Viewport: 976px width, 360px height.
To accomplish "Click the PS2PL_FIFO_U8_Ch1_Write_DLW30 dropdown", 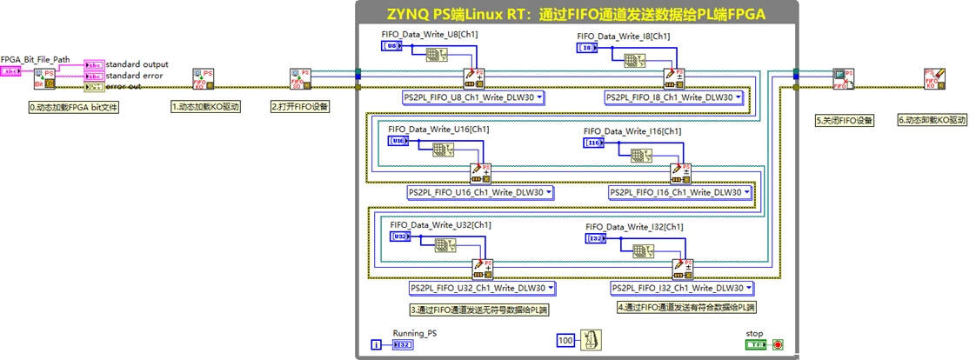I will [473, 97].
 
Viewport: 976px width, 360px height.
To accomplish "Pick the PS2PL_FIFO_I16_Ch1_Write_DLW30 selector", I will [681, 192].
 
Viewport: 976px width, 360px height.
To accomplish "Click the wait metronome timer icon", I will [590, 340].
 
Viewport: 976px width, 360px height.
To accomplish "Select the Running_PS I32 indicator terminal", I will [404, 345].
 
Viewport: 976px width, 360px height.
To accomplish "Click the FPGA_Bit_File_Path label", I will [36, 59].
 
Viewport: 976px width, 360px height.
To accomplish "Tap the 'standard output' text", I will [137, 64].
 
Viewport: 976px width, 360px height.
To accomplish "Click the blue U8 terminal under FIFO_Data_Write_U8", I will [393, 45].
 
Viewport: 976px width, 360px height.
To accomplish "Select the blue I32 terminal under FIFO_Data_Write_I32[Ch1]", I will [597, 237].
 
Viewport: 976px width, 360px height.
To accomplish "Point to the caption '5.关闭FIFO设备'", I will [844, 120].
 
